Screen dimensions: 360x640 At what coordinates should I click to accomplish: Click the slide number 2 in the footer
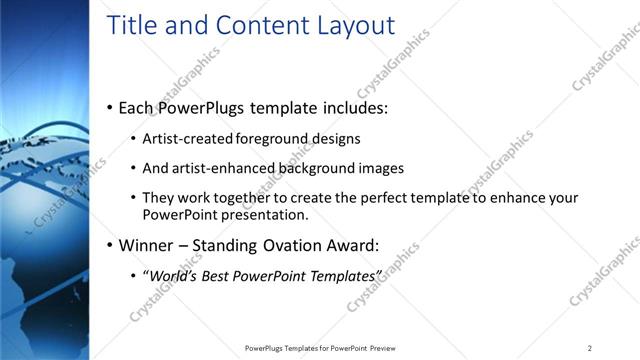point(590,348)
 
